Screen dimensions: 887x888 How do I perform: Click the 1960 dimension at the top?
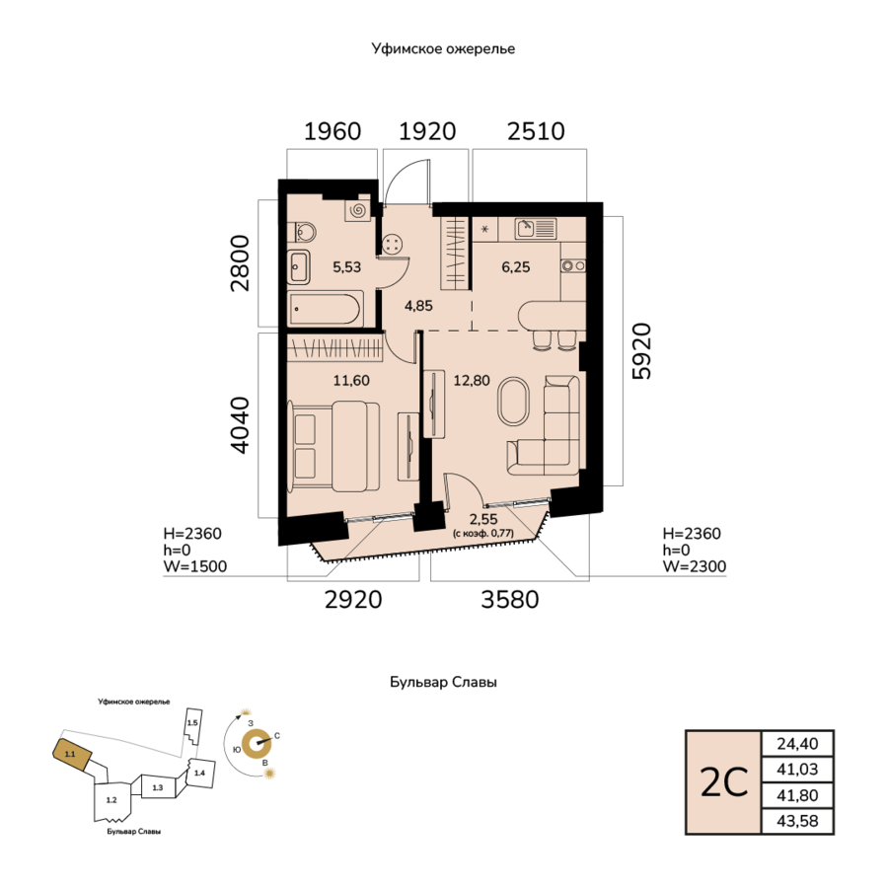point(333,131)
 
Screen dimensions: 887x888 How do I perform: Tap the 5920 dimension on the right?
point(642,351)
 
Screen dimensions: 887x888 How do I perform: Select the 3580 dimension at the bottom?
point(510,600)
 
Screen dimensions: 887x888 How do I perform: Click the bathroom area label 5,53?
point(346,266)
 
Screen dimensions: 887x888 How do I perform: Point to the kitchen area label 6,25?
point(516,266)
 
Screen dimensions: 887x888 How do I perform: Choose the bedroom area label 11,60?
point(351,380)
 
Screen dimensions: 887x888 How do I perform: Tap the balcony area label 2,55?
point(483,519)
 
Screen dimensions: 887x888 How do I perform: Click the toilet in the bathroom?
point(302,233)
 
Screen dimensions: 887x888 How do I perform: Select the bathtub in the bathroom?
point(324,309)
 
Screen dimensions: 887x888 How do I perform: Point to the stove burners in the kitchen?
point(572,265)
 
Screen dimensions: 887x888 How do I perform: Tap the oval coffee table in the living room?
point(513,401)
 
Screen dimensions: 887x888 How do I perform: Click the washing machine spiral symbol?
point(357,211)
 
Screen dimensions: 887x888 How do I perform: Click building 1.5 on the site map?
point(193,725)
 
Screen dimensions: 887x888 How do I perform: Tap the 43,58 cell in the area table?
point(797,821)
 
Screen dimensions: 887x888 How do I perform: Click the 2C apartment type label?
point(724,782)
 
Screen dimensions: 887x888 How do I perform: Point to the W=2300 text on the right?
point(695,566)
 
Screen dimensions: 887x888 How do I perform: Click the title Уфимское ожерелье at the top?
point(444,48)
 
